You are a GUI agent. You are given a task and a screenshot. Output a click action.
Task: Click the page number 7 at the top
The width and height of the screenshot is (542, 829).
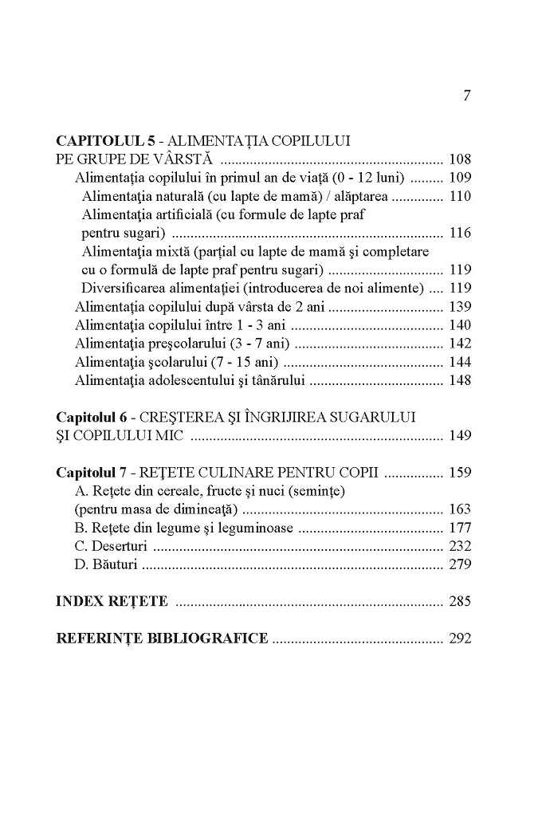(x=467, y=96)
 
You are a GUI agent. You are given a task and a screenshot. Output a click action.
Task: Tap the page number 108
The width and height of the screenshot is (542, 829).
(x=460, y=159)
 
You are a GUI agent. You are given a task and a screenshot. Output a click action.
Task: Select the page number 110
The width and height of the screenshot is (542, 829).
(x=460, y=196)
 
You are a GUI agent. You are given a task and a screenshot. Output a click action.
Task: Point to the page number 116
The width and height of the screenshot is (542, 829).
(x=460, y=233)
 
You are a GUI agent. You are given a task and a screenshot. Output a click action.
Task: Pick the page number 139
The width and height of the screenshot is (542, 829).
(x=460, y=307)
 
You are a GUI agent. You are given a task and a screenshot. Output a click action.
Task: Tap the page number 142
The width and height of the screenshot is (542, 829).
(x=460, y=344)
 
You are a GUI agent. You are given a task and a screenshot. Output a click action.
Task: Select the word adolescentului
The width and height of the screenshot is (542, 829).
(x=189, y=380)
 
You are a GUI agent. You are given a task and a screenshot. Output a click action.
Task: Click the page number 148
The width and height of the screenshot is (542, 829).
(x=460, y=380)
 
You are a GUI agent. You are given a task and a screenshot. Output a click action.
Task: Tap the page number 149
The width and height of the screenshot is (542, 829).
(x=460, y=435)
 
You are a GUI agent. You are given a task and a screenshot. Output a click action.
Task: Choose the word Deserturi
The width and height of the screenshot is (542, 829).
(x=119, y=546)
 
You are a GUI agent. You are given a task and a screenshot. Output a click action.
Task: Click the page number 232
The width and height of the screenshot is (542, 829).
(x=460, y=546)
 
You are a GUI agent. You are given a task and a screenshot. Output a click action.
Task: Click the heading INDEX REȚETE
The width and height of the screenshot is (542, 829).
(x=112, y=602)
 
